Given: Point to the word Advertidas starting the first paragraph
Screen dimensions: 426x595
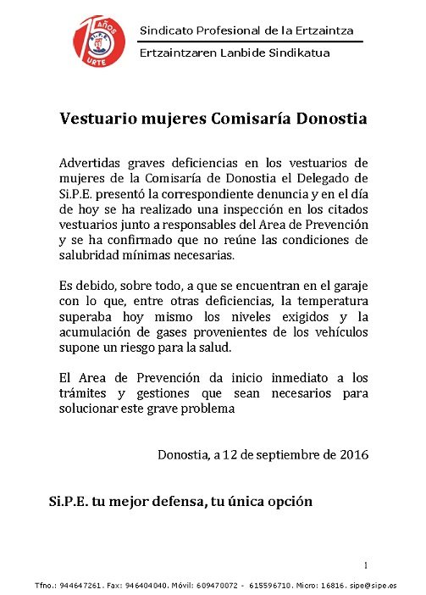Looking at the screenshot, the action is coord(91,162).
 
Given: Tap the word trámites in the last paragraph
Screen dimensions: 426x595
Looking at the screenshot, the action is coord(86,394).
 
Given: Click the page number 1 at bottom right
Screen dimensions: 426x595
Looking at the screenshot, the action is coord(365,565).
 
